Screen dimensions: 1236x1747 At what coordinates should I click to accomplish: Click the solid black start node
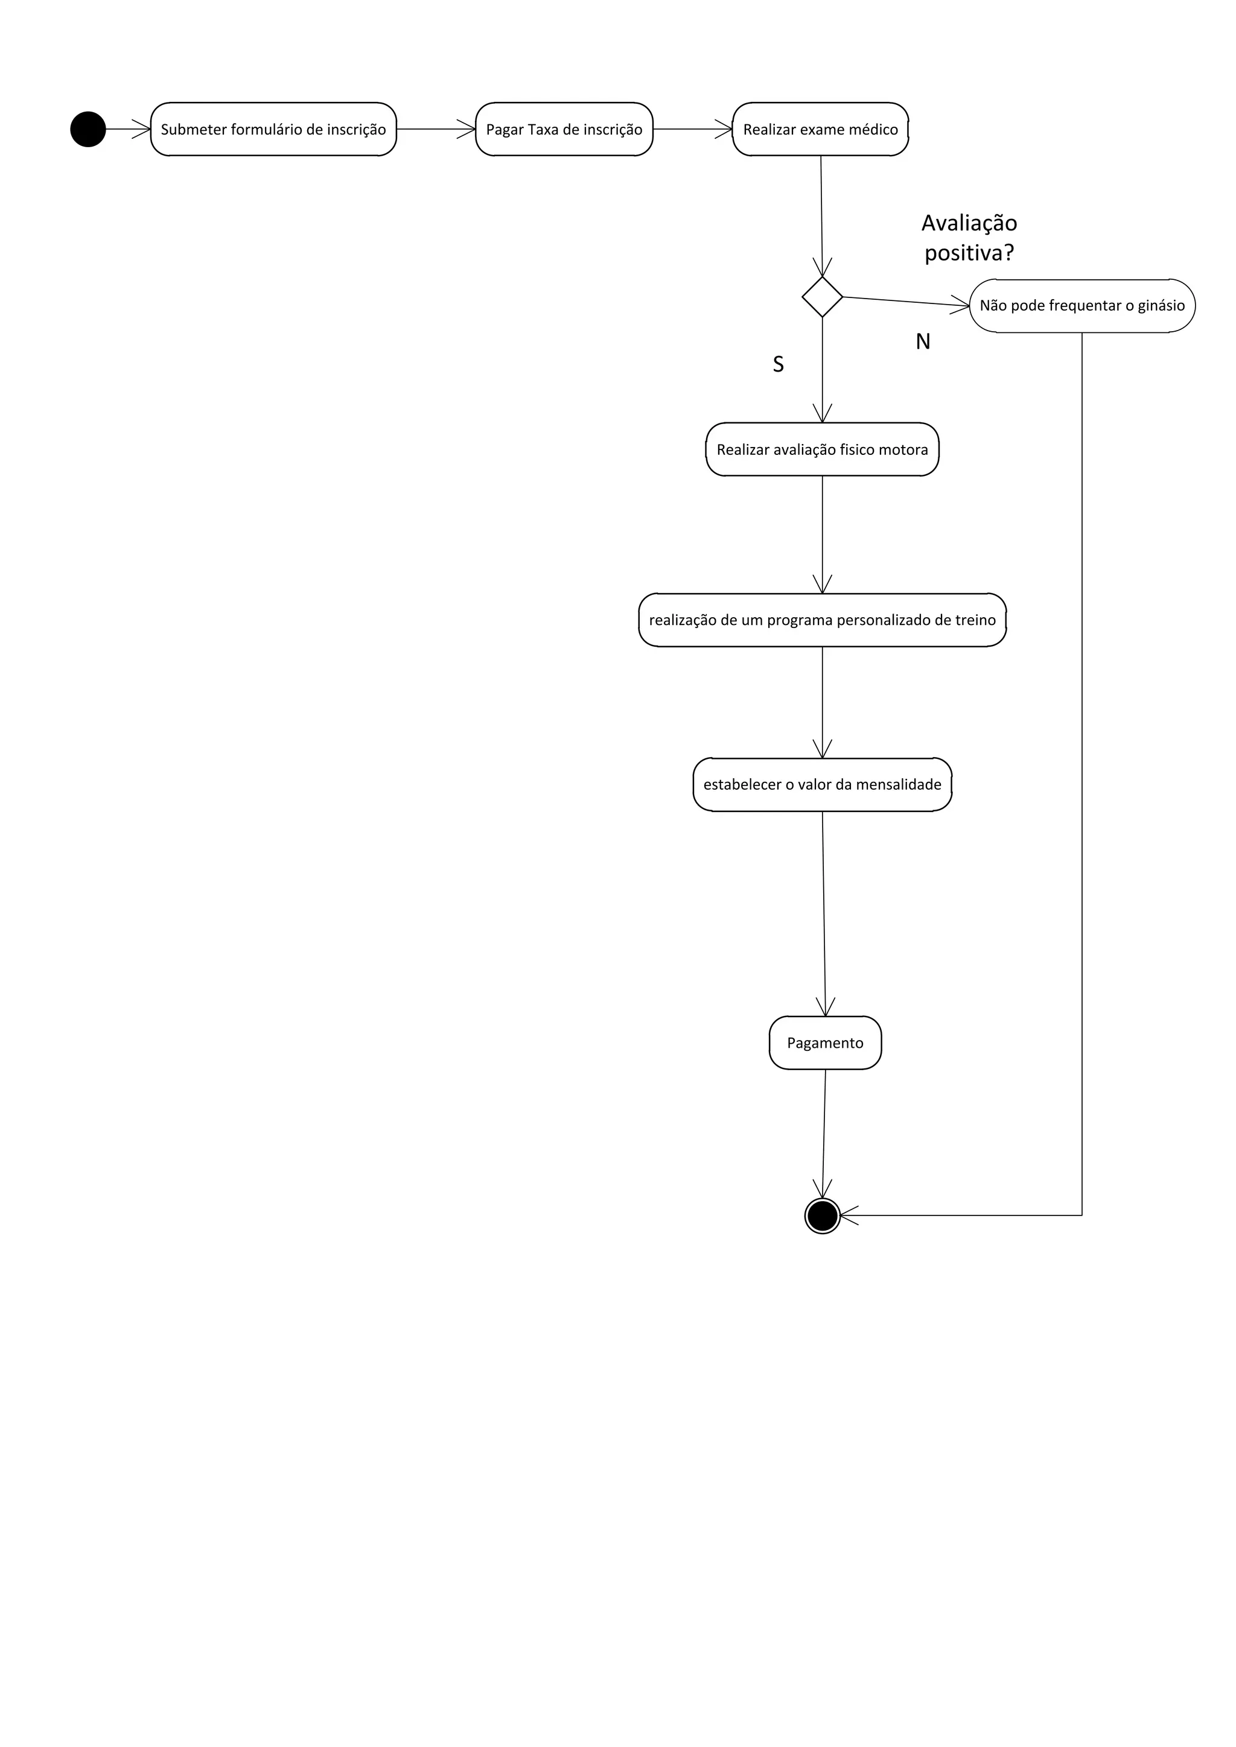(x=88, y=129)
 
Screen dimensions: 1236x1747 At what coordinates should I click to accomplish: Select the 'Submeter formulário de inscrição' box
(x=273, y=129)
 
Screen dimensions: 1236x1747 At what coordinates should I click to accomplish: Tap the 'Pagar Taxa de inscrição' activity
(x=564, y=129)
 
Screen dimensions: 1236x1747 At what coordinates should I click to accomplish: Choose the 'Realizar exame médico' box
(x=820, y=129)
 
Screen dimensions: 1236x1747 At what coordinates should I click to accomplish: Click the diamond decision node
(x=822, y=297)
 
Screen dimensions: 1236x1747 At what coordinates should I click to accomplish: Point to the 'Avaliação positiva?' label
(x=969, y=238)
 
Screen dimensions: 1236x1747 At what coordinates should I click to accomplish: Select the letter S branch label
(x=778, y=364)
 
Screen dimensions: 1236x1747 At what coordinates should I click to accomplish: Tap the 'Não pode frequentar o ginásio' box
(x=1081, y=306)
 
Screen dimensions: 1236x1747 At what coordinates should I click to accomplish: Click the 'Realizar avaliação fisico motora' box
(x=822, y=449)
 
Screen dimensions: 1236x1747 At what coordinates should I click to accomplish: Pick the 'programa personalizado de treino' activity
(x=822, y=620)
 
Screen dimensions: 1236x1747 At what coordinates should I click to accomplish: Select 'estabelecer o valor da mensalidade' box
(x=822, y=784)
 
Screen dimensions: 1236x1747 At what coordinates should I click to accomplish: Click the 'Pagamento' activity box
(x=825, y=1043)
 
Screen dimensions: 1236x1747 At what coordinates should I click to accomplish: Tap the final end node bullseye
(x=822, y=1216)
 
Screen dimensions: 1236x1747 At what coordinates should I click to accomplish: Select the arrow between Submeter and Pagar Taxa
(x=435, y=129)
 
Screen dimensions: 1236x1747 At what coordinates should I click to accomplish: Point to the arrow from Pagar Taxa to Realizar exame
(x=693, y=129)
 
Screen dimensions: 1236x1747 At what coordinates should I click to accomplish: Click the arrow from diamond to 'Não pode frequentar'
(x=906, y=301)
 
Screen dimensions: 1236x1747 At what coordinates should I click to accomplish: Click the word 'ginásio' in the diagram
(x=1161, y=306)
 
